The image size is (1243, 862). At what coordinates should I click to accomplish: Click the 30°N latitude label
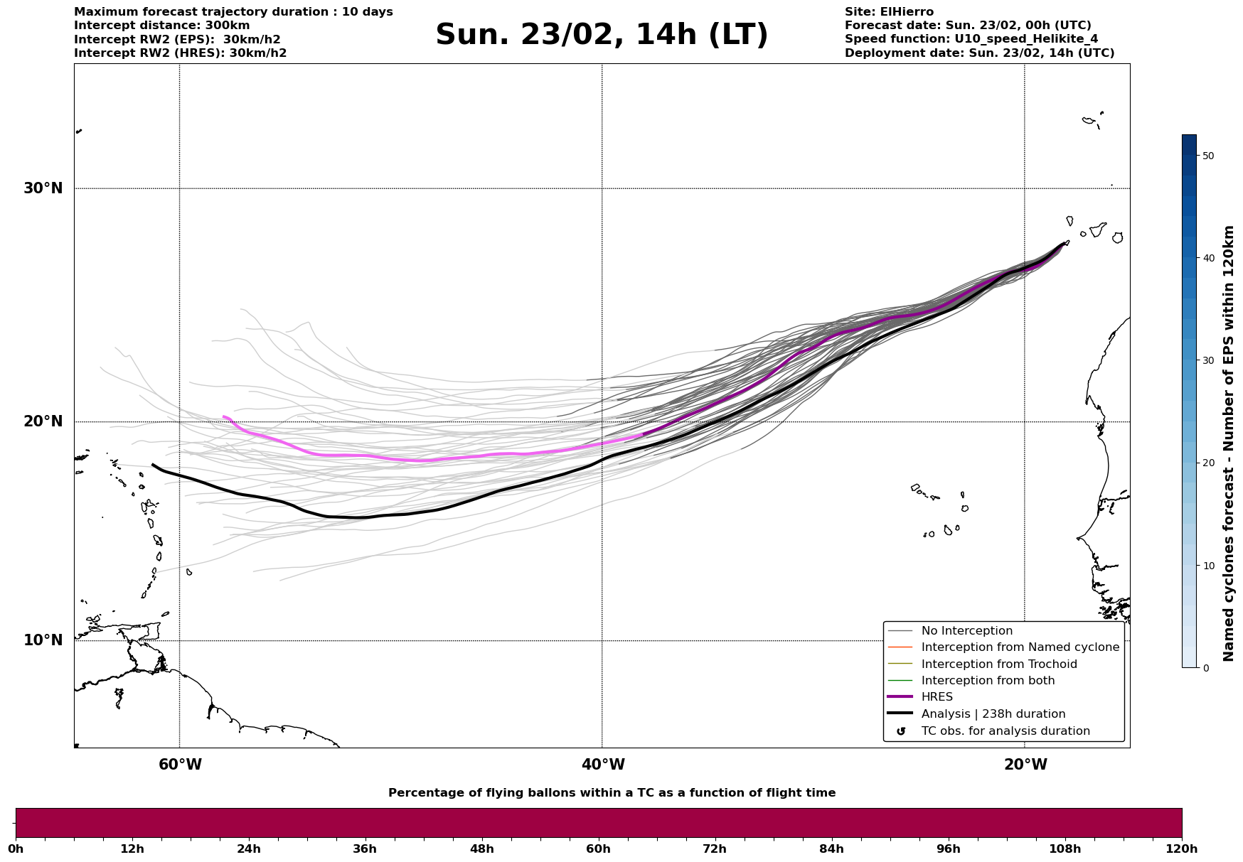pos(43,188)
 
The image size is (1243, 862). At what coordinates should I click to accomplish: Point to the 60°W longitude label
pos(180,765)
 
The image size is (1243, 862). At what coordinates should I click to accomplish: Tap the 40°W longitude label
pos(603,765)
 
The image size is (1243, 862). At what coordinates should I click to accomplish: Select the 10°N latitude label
pos(43,640)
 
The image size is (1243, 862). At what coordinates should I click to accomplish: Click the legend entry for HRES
pos(937,697)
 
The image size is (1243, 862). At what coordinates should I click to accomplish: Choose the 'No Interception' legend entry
pos(966,631)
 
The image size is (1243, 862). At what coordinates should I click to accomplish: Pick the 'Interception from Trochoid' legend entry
pos(998,664)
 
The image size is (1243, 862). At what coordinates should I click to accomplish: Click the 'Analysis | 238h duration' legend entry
pos(993,714)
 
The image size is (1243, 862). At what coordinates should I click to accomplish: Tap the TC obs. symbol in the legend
pos(901,731)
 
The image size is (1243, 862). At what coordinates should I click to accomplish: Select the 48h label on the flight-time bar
pos(481,848)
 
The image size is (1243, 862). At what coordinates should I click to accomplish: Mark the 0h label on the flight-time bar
pos(16,848)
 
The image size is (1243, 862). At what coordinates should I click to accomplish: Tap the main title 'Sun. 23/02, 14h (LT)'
pos(602,35)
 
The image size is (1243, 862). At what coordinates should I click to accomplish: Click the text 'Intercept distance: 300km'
pos(161,26)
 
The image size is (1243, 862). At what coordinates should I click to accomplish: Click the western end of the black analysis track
pos(153,465)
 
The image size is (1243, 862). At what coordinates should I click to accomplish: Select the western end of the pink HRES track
pos(223,417)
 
